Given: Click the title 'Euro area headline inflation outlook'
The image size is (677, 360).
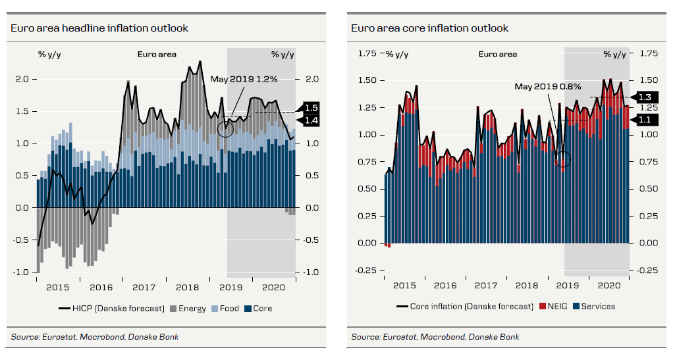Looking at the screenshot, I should coord(99,28).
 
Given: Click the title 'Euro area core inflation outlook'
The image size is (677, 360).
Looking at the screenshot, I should coord(429,28).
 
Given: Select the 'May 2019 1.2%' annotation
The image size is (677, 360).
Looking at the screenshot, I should coord(244,79).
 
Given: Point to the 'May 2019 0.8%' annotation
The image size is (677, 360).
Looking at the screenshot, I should coord(548,87).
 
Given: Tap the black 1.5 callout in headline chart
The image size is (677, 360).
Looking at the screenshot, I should coord(311,108).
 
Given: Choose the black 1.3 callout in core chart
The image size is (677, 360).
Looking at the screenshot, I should coord(643,97).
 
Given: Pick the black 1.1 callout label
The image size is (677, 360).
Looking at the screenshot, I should coord(643,120).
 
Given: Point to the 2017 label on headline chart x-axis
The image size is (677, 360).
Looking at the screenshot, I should coord(144,288).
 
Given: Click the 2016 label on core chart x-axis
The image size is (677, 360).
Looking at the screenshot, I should coord(445,286).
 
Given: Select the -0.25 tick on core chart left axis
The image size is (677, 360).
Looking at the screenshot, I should coord(367,270).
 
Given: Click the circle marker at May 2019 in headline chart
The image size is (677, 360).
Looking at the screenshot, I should coord(225,128).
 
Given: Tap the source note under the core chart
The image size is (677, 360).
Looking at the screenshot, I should coord(435,337).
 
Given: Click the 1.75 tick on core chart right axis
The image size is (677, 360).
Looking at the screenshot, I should coord(649,53).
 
